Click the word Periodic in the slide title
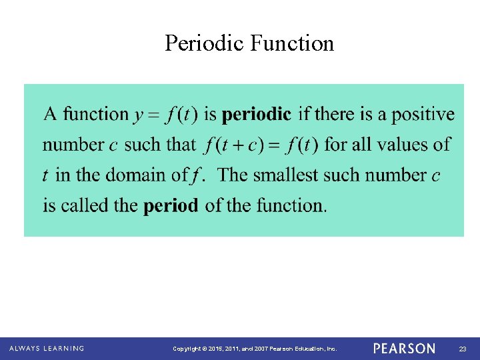pyautogui.click(x=205, y=43)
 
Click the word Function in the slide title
pyautogui.click(x=292, y=43)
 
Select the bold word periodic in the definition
pyautogui.click(x=256, y=115)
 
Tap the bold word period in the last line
pyautogui.click(x=171, y=205)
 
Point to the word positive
pyautogui.click(x=423, y=115)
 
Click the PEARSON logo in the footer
pyautogui.click(x=404, y=349)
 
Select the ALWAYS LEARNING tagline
pyautogui.click(x=47, y=349)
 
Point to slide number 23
pyautogui.click(x=463, y=349)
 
